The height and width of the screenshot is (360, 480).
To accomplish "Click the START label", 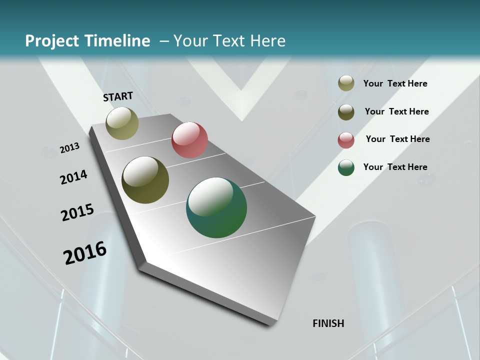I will pos(118,96).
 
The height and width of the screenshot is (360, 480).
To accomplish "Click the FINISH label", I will pos(328,323).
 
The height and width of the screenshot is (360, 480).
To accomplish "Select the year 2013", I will pos(69,147).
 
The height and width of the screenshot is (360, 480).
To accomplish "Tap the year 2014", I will pos(73,177).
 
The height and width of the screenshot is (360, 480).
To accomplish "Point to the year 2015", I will pos(77,212).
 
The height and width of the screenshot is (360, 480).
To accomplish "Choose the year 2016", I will pos(85,253).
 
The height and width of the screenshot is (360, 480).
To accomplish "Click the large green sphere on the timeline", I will pos(216,207).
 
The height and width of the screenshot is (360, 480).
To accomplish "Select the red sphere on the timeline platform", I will pos(189,140).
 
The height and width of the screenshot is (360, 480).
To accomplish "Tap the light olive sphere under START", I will pos(122,123).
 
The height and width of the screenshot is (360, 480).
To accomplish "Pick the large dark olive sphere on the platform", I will pos(145,180).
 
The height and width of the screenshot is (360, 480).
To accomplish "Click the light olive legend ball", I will pos(346,83).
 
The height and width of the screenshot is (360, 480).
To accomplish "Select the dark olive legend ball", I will pos(346,112).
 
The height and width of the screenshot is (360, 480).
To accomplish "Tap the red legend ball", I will pos(346,140).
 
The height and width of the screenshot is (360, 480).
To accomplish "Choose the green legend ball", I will pos(346,168).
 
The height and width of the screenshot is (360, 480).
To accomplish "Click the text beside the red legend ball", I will pos(397,139).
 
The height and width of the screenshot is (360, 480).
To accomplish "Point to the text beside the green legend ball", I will pos(395,167).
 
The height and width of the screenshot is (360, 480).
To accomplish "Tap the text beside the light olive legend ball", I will pos(395,83).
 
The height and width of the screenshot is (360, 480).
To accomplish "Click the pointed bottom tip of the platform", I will pos(272,323).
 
